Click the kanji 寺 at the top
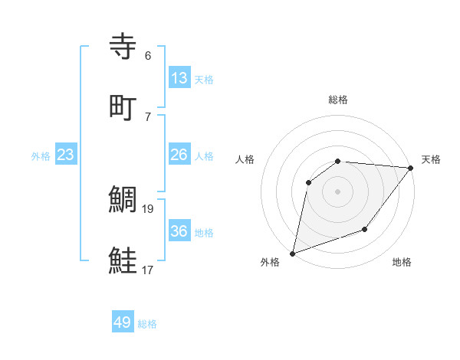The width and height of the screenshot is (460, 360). (123, 46)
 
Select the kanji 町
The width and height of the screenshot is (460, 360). (123, 106)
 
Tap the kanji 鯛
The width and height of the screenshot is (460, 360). (123, 200)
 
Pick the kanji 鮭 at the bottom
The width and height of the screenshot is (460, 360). (123, 261)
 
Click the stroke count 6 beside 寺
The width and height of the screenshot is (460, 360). (148, 55)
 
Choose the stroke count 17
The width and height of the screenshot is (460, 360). (148, 270)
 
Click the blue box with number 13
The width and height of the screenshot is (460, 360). (179, 78)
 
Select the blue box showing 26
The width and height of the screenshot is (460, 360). (179, 155)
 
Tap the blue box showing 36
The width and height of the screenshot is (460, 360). (179, 231)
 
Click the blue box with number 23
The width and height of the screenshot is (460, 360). (66, 155)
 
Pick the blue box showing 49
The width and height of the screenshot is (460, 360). (123, 322)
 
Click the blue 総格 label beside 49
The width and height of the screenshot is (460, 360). (147, 324)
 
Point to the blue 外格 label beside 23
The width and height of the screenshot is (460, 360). (41, 156)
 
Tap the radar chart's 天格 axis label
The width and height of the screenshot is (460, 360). (431, 159)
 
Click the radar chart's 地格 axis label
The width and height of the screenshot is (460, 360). (402, 263)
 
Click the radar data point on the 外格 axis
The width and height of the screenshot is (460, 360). (292, 253)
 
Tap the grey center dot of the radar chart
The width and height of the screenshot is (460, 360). (337, 191)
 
